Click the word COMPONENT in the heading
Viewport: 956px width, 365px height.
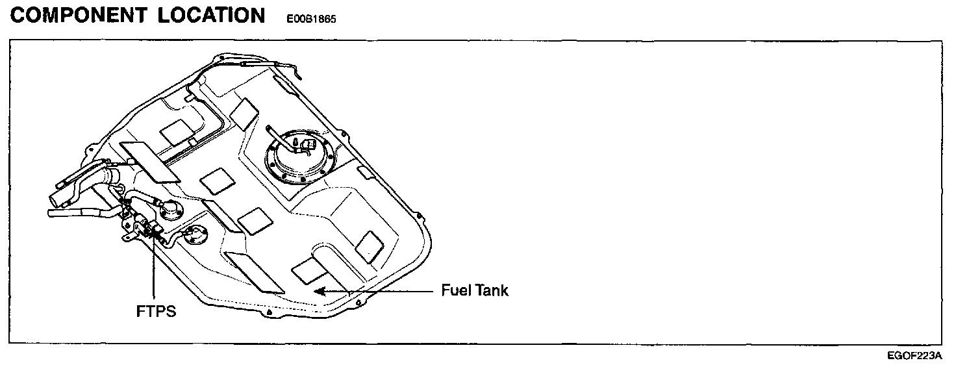(x=79, y=16)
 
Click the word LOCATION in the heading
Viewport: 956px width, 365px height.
(x=212, y=16)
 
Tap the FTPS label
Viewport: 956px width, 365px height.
(x=156, y=311)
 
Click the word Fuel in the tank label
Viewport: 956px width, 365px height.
(x=455, y=290)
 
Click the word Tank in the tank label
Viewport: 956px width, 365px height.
(x=491, y=290)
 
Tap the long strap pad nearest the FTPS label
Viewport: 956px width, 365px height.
(x=253, y=273)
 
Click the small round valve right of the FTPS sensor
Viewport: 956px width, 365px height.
(x=195, y=235)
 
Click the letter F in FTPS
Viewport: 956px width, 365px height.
(x=140, y=311)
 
